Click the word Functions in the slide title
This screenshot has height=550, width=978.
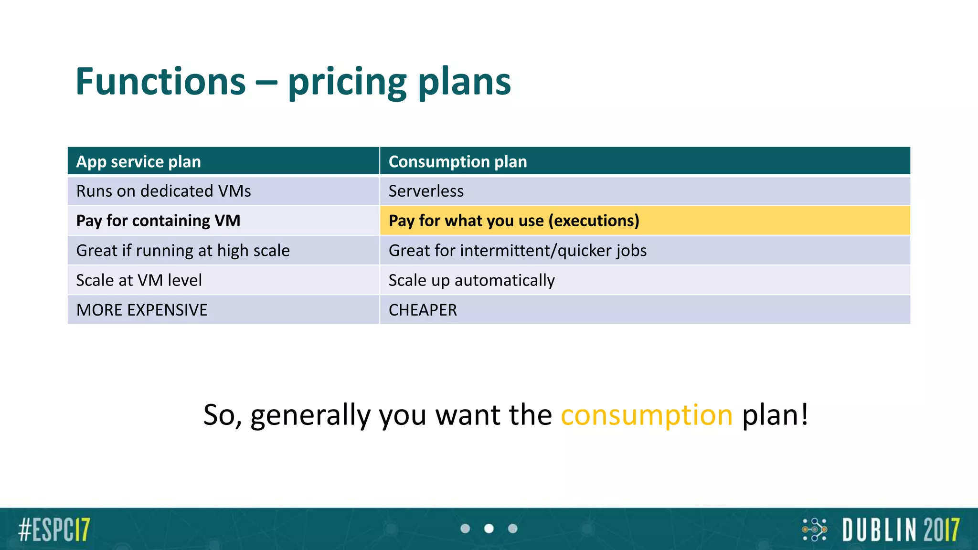pyautogui.click(x=160, y=82)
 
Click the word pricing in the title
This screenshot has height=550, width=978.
pyautogui.click(x=347, y=82)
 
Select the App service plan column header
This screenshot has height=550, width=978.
pyautogui.click(x=138, y=162)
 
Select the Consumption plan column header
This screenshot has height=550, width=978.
pyautogui.click(x=457, y=162)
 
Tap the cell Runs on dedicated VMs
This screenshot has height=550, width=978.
pyautogui.click(x=163, y=191)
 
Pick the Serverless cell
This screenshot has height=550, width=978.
pyautogui.click(x=426, y=191)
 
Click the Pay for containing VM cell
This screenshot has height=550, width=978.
pyautogui.click(x=158, y=221)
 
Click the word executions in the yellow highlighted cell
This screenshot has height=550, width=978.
pyautogui.click(x=594, y=221)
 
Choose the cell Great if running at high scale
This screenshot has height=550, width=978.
pyautogui.click(x=183, y=251)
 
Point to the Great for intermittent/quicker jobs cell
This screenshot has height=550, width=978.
pyautogui.click(x=518, y=251)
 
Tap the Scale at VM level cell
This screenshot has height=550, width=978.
pyautogui.click(x=139, y=280)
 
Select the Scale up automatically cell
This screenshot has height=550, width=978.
pyautogui.click(x=471, y=280)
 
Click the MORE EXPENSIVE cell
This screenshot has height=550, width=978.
pyautogui.click(x=142, y=310)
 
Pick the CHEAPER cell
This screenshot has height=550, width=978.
pyautogui.click(x=423, y=310)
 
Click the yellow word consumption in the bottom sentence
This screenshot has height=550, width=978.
pyautogui.click(x=646, y=414)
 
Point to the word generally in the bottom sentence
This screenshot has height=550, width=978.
pyautogui.click(x=310, y=414)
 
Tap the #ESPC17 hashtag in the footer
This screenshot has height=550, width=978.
pyautogui.click(x=54, y=529)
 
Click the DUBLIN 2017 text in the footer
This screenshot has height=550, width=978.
pyautogui.click(x=900, y=529)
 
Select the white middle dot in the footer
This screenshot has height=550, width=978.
pyautogui.click(x=489, y=529)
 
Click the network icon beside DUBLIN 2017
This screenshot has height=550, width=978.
pyautogui.click(x=815, y=529)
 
